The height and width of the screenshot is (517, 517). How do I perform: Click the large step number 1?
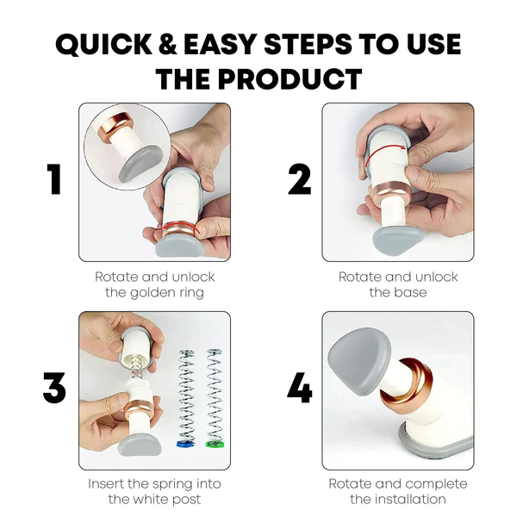coord(54,179)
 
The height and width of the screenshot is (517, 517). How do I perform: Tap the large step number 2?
coord(299,179)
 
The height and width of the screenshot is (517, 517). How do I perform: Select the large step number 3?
coord(54,387)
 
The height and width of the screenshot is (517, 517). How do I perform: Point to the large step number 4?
coord(299,387)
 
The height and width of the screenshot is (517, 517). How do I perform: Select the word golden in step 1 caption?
coord(153,293)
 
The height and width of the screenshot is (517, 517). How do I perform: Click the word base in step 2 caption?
coord(412,292)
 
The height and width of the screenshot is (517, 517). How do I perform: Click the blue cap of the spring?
coord(186,443)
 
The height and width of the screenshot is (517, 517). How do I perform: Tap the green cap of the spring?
coord(215,443)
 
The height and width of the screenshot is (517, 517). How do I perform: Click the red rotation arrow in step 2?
coord(384,150)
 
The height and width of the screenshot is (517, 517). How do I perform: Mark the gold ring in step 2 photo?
coord(394,191)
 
